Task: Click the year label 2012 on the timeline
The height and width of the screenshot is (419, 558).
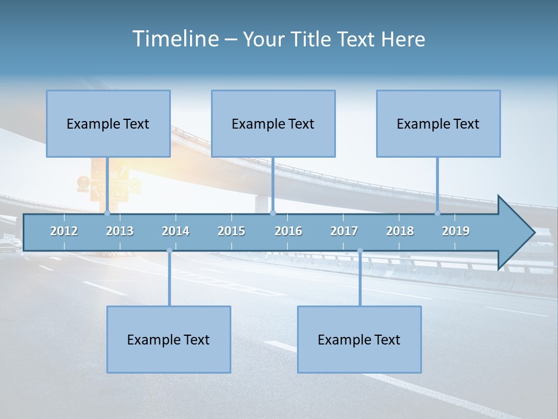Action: (64, 231)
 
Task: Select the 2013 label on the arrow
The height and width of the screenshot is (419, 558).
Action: (120, 231)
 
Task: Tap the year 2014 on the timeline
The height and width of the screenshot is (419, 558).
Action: (176, 231)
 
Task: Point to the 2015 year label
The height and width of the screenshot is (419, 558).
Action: (231, 231)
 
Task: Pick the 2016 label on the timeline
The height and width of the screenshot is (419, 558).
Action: (288, 231)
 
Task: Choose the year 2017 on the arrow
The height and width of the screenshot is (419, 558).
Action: (344, 231)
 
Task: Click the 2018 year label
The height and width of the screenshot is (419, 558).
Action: (400, 231)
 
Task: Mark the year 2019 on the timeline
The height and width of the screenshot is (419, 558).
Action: (456, 231)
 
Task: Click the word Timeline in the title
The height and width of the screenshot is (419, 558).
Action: (174, 39)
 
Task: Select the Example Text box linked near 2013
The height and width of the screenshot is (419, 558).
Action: (108, 123)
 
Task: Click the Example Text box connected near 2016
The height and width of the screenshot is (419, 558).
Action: (273, 123)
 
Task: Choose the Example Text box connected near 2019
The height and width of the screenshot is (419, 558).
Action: (438, 123)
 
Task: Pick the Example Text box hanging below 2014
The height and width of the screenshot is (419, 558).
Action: (169, 339)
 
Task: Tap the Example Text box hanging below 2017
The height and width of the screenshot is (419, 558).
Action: (359, 339)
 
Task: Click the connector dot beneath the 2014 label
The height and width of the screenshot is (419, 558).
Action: (169, 250)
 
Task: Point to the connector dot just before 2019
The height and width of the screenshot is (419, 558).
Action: (438, 213)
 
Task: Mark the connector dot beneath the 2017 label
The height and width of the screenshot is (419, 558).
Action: (360, 250)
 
